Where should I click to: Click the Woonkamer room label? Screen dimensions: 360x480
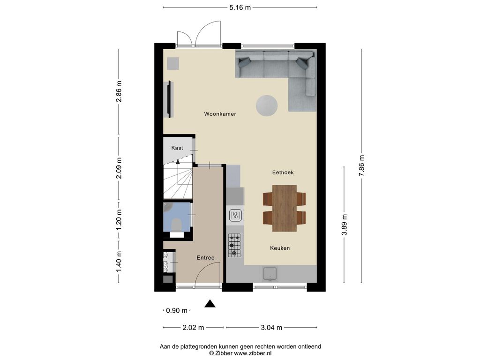[x=220, y=114]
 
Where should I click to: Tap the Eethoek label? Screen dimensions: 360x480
[x=283, y=172]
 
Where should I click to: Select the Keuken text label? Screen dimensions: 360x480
[x=280, y=248]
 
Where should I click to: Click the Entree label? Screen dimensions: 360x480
[x=205, y=258]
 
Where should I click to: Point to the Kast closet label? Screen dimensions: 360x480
[x=177, y=148]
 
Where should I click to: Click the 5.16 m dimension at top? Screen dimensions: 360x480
[x=240, y=7]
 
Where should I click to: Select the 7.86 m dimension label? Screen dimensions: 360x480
[x=361, y=165]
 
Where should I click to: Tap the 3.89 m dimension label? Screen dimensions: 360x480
[x=345, y=225]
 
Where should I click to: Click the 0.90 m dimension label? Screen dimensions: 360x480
[x=177, y=310]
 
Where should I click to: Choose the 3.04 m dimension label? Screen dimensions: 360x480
[x=272, y=327]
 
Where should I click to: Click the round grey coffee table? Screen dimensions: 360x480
[x=266, y=105]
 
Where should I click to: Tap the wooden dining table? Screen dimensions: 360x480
[x=285, y=208]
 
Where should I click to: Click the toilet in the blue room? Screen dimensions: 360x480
[x=177, y=224]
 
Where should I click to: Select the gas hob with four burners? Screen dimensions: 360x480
[x=234, y=246]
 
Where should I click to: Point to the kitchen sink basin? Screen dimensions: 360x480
[x=270, y=273]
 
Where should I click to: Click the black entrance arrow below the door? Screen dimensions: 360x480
[x=210, y=304]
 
